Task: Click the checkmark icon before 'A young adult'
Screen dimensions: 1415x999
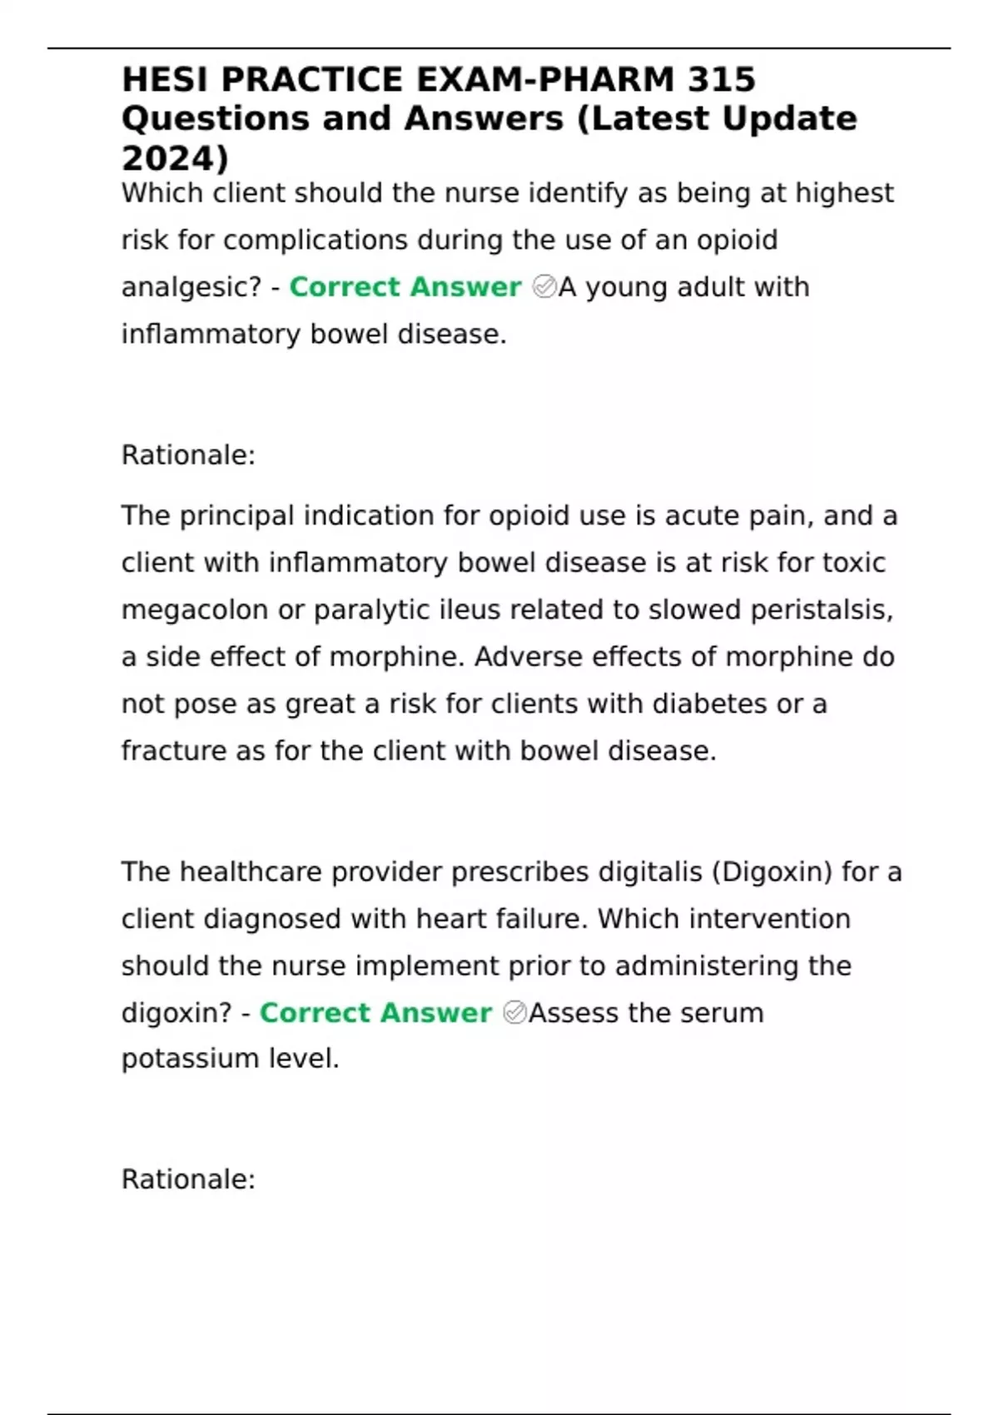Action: pyautogui.click(x=544, y=287)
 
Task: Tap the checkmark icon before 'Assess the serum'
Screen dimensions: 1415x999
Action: pyautogui.click(x=514, y=1013)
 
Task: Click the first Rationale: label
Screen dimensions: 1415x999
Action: pyautogui.click(x=188, y=455)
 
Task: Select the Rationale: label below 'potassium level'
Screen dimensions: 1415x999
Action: pyautogui.click(x=188, y=1179)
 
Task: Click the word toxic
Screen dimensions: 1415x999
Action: pyautogui.click(x=853, y=564)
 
